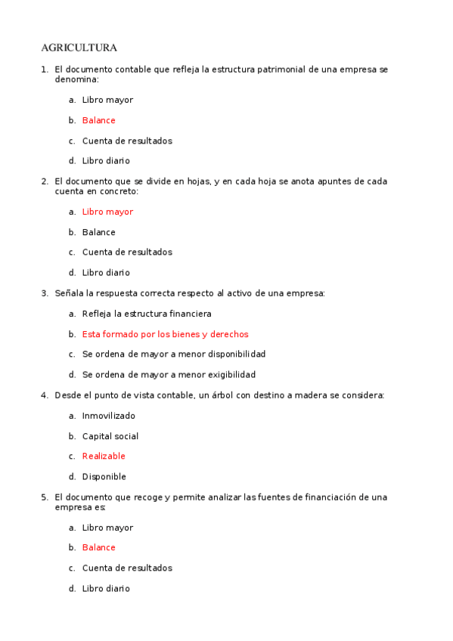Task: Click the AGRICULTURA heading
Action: [x=79, y=48]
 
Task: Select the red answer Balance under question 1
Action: [x=98, y=120]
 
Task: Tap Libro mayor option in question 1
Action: [x=107, y=100]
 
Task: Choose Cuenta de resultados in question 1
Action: [x=127, y=141]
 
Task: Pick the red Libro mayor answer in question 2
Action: [x=107, y=212]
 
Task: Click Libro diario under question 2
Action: [x=106, y=272]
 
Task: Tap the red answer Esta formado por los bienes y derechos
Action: [x=165, y=334]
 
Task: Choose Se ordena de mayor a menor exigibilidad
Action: [x=169, y=374]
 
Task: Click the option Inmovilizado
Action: [x=108, y=416]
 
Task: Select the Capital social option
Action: [x=110, y=436]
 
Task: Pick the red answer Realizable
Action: [x=104, y=456]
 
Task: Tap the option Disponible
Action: [x=104, y=476]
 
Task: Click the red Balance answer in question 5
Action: [x=98, y=547]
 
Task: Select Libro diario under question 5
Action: [x=106, y=588]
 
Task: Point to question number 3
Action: [x=44, y=293]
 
